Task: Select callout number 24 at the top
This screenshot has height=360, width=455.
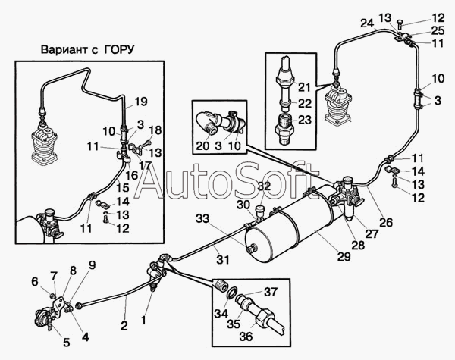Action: coord(367,23)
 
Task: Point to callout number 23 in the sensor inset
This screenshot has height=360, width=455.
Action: coord(304,119)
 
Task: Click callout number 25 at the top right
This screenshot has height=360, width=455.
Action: coord(438,30)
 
